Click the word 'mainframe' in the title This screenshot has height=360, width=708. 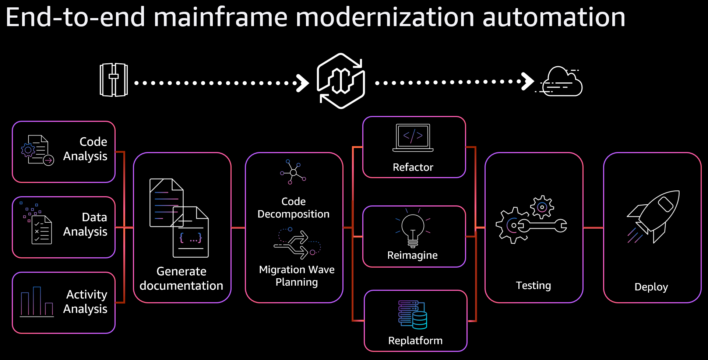[220, 17]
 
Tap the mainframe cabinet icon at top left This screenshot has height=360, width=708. [114, 80]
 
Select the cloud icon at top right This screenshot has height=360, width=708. [561, 82]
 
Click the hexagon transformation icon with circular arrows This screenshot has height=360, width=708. [341, 81]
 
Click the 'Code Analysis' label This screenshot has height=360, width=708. [85, 149]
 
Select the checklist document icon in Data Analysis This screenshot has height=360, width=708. [41, 230]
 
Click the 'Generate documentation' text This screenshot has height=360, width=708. [181, 278]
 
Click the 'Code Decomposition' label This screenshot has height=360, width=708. [293, 208]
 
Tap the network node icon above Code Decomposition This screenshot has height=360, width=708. [293, 172]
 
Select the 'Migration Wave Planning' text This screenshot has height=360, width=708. [297, 276]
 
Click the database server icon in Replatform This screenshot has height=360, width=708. [413, 315]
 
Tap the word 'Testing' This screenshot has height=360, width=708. [533, 285]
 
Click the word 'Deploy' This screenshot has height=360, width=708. [651, 287]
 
